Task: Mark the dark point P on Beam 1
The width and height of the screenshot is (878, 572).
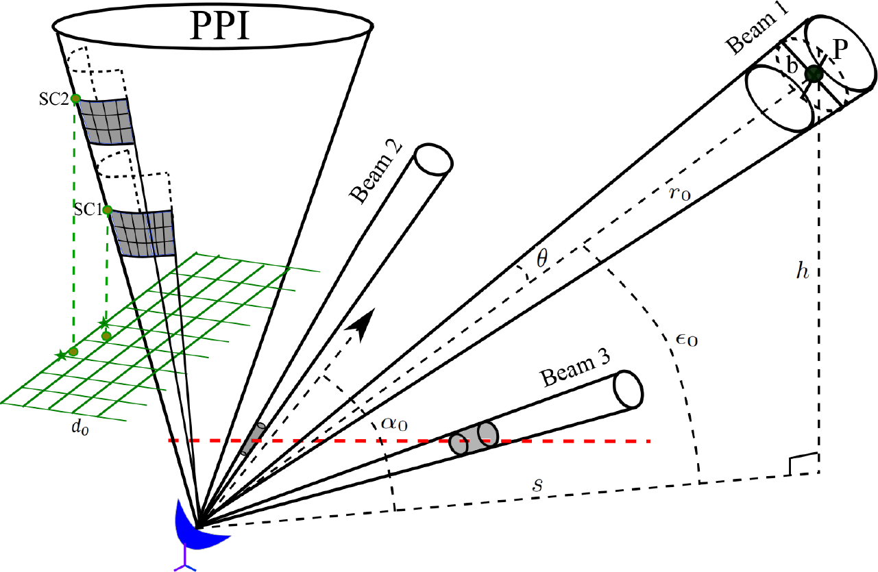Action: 814,73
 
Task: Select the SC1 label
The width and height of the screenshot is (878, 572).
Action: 87,208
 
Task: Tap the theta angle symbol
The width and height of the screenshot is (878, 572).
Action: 541,258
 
